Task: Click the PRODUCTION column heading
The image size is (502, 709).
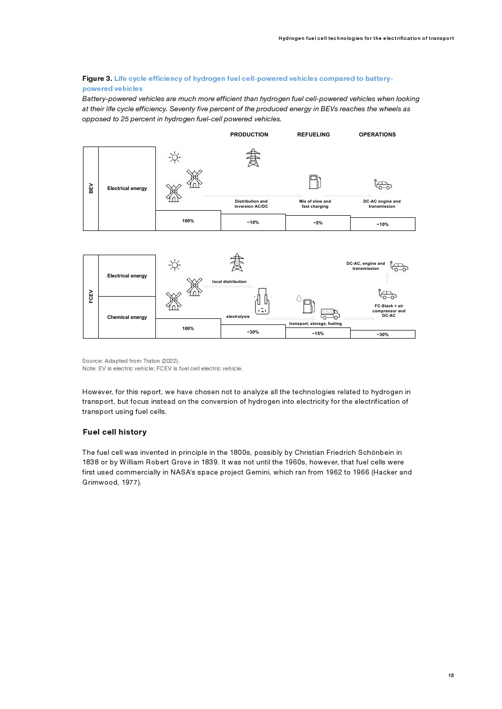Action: pyautogui.click(x=249, y=134)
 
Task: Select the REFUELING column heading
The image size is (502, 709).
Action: pyautogui.click(x=313, y=134)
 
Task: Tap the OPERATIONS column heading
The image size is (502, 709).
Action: pyautogui.click(x=377, y=134)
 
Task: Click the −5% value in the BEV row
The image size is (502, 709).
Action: pyautogui.click(x=318, y=223)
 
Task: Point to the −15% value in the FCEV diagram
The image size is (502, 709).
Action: pyautogui.click(x=318, y=334)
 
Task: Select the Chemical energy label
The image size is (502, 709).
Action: pyautogui.click(x=127, y=317)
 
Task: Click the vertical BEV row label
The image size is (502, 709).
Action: pyautogui.click(x=91, y=188)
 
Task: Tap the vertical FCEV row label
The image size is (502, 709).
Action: pyautogui.click(x=91, y=297)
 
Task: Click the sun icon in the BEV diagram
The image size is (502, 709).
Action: pyautogui.click(x=175, y=158)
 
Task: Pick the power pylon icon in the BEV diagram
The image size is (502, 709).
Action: pyautogui.click(x=253, y=158)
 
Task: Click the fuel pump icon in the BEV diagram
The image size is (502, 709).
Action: pyautogui.click(x=315, y=181)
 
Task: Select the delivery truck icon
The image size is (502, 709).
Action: pyautogui.click(x=330, y=314)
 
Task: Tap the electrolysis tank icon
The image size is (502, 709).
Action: pyautogui.click(x=262, y=302)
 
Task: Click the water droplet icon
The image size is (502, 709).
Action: pyautogui.click(x=299, y=299)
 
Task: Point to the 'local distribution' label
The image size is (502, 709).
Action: pyautogui.click(x=229, y=282)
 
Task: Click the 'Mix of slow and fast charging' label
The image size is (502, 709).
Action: pyautogui.click(x=315, y=204)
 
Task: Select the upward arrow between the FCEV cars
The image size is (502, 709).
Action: pyautogui.click(x=387, y=277)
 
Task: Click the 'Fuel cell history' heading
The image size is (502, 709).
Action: pyautogui.click(x=115, y=432)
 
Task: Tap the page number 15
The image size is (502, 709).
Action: pyautogui.click(x=451, y=676)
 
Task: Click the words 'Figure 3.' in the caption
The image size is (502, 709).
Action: pyautogui.click(x=97, y=79)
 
